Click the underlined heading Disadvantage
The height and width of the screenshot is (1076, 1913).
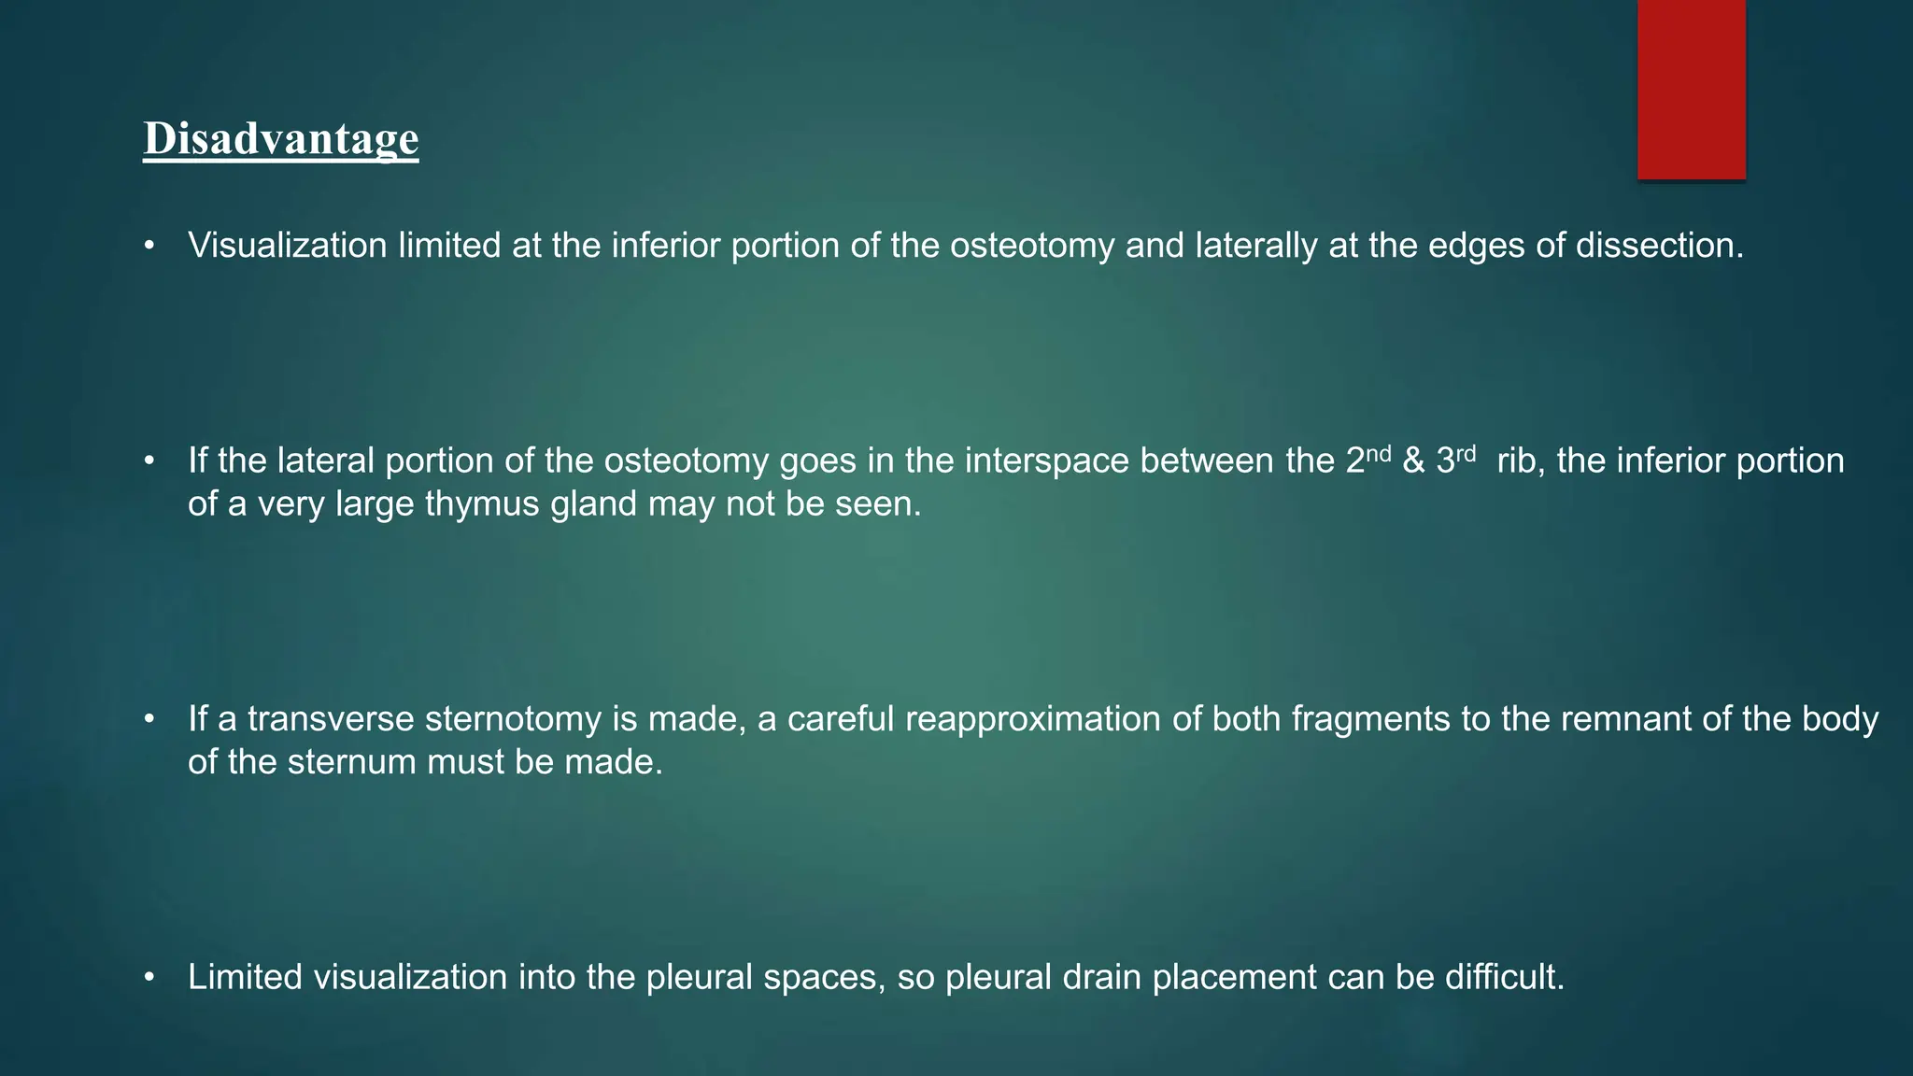click(280, 138)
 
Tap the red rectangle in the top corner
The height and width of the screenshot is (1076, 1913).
click(1691, 89)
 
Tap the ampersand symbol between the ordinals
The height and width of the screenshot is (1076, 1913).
click(1413, 461)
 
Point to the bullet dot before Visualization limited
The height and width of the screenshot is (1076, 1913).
click(149, 247)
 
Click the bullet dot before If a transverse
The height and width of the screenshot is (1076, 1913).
click(149, 720)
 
